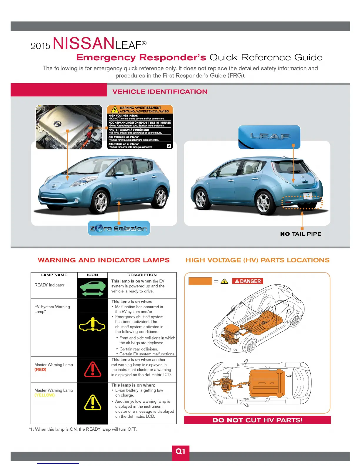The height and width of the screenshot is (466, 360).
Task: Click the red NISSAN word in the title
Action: coord(84,44)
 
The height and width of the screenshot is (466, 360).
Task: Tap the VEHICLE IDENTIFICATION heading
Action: coord(160,91)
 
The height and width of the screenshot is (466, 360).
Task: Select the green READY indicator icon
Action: coord(92,289)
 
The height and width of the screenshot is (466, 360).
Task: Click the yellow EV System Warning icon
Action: coord(92,324)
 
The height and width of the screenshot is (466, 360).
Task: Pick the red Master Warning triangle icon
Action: coord(93,370)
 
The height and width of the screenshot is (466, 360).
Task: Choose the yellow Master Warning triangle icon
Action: coord(93,402)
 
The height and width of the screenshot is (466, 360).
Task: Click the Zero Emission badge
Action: coord(119,229)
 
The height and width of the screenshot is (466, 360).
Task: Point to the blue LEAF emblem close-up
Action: coord(269,137)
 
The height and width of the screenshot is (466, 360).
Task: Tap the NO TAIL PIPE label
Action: coord(301,234)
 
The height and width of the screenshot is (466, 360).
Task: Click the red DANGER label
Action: coord(248,281)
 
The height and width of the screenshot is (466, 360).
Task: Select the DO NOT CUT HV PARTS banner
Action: coord(257,420)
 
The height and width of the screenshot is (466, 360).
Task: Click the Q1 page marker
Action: coord(180,452)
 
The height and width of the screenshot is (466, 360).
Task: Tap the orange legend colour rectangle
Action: coord(200,281)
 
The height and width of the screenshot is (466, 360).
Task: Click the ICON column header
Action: coord(92,275)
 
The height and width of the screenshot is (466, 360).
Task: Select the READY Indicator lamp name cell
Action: coord(49,285)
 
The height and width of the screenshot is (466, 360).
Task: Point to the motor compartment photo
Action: coord(69,127)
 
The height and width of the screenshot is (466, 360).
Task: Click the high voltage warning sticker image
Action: coord(140,127)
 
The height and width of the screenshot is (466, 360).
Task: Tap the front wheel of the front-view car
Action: coord(101,203)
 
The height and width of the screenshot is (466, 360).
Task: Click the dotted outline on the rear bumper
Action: coord(302,202)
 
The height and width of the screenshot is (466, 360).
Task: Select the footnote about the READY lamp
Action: coord(83,429)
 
